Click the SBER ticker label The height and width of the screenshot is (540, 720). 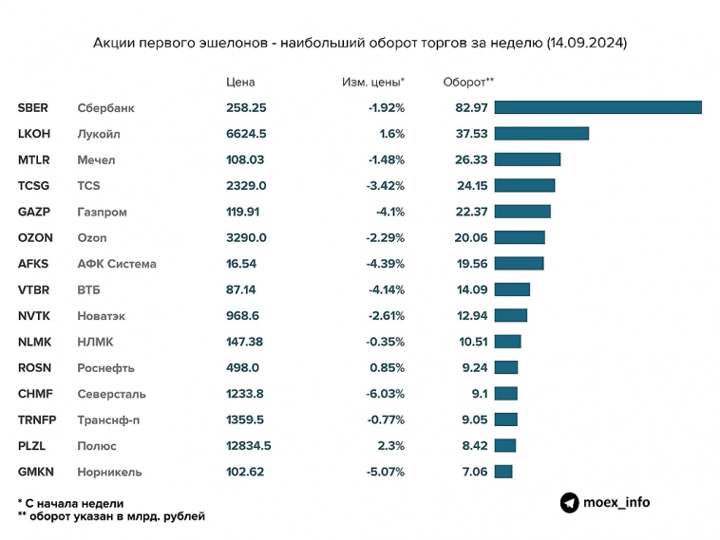coord(32,107)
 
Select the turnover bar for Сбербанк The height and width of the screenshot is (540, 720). coord(597,107)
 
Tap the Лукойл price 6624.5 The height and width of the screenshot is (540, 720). coord(246,134)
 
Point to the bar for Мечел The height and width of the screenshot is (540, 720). coord(527,159)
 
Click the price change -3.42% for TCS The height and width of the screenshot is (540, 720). coord(386,186)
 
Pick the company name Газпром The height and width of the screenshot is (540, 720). coord(102,212)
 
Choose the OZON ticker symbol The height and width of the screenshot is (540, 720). coord(35,237)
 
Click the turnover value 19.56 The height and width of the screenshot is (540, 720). coord(471,264)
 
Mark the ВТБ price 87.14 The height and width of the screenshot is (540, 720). coord(241,289)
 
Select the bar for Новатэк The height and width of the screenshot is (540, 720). coord(510,315)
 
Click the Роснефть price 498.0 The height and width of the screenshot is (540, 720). coord(241,367)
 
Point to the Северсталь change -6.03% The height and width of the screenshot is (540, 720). coord(386,394)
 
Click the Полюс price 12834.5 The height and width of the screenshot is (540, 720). coord(249,445)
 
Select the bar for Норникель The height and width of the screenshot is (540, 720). coord(502,472)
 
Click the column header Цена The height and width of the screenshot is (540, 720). coord(240,82)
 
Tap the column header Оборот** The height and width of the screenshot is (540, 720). coord(468,82)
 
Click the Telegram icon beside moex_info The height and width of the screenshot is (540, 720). coord(569,503)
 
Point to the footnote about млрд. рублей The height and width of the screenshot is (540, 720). coord(110,516)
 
